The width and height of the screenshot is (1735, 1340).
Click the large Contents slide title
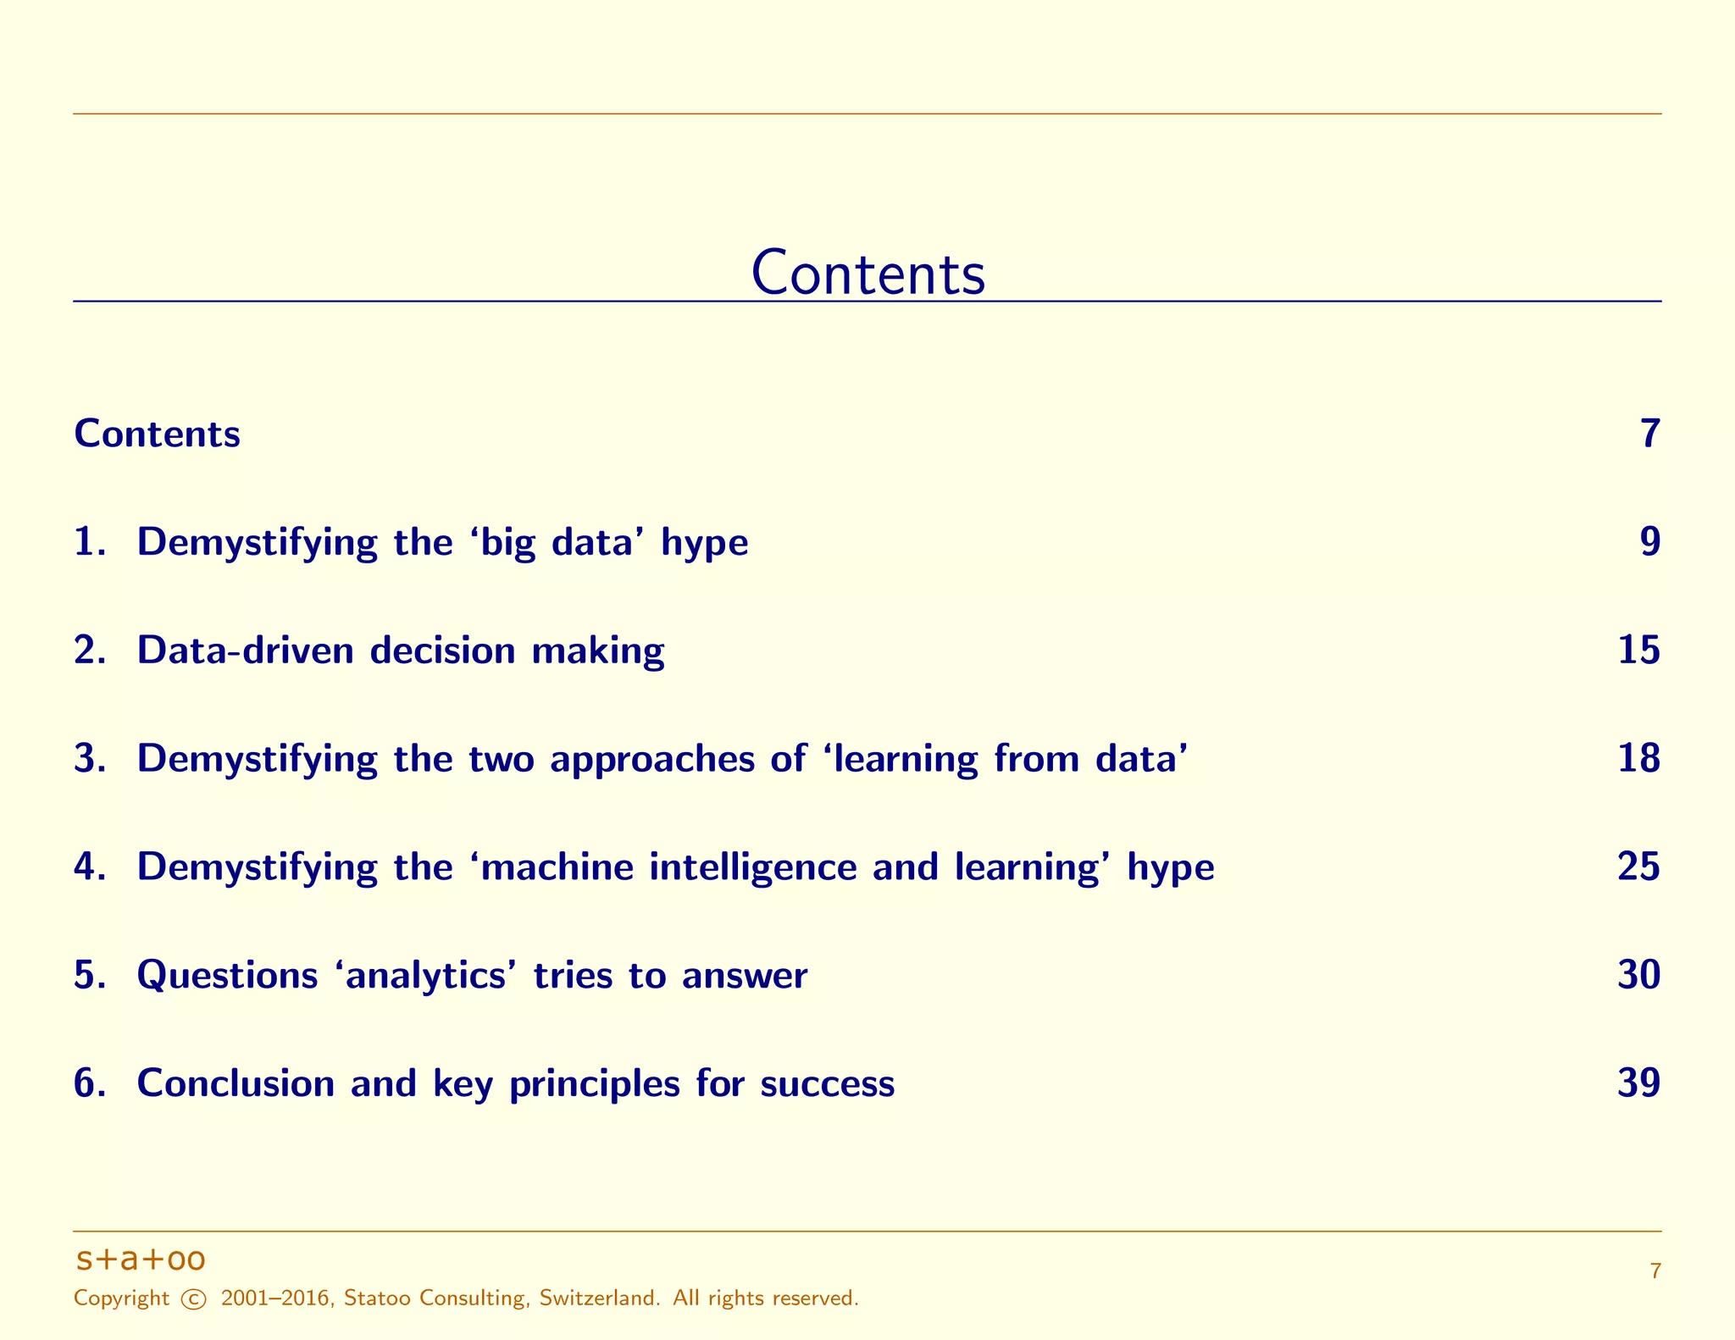pyautogui.click(x=867, y=273)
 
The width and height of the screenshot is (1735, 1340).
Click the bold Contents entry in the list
pyautogui.click(x=157, y=434)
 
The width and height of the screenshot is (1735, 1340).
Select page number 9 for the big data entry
pyautogui.click(x=1649, y=542)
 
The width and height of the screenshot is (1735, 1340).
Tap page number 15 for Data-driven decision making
pyautogui.click(x=1638, y=651)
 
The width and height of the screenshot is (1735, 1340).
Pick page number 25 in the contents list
pyautogui.click(x=1638, y=867)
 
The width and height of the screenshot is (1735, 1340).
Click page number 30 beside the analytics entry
pyautogui.click(x=1638, y=975)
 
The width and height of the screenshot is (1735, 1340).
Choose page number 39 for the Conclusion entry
pyautogui.click(x=1638, y=1083)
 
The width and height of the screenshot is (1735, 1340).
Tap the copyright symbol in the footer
pyautogui.click(x=194, y=1298)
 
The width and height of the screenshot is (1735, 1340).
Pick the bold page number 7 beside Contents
pyautogui.click(x=1649, y=434)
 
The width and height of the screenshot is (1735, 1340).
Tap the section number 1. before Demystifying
pyautogui.click(x=90, y=542)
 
